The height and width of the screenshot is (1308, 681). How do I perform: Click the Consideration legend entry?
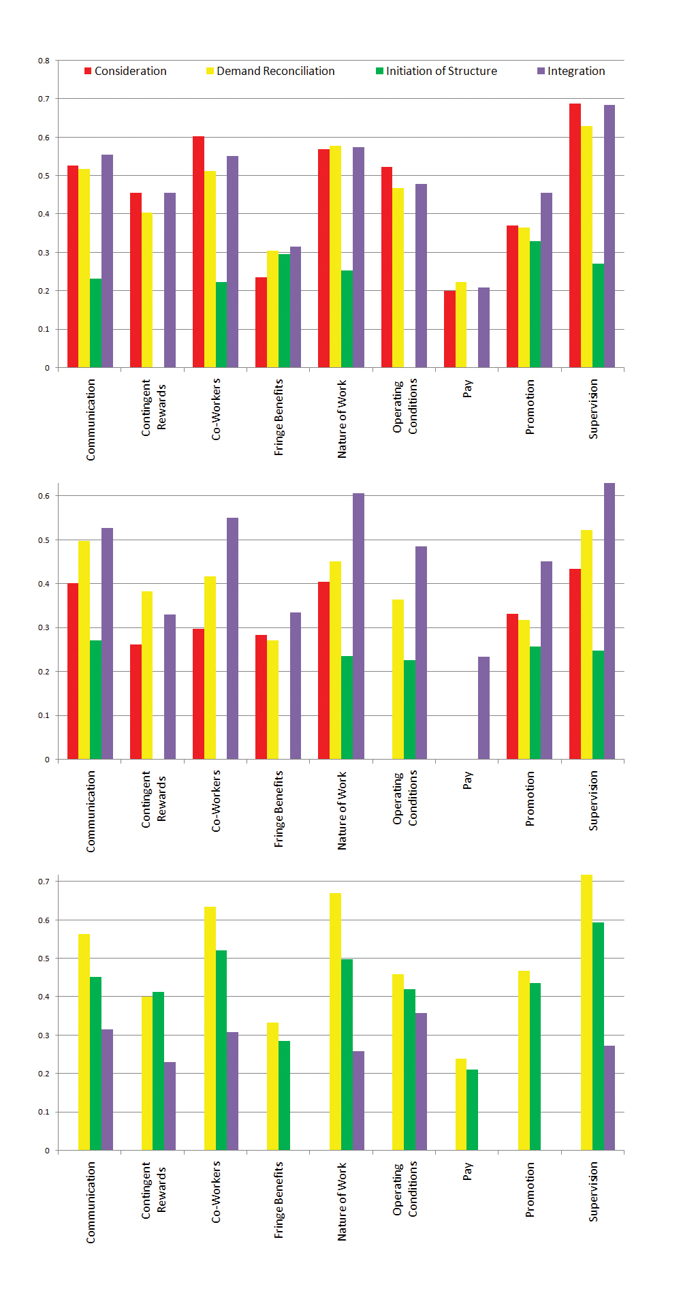125,71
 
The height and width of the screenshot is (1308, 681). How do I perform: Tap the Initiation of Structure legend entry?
437,71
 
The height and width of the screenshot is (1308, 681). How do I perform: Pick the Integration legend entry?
571,71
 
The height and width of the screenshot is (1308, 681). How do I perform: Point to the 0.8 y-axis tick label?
44,61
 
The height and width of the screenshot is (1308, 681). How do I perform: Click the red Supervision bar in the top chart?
575,235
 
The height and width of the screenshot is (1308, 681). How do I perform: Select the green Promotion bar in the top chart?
535,304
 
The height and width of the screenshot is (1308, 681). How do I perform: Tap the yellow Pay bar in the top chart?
461,324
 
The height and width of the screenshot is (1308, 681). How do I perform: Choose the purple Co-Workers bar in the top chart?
233,262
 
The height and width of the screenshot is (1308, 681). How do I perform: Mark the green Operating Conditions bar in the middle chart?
409,709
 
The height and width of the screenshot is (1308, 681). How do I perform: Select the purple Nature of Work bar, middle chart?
358,626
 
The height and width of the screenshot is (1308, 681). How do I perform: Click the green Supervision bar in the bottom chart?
598,1036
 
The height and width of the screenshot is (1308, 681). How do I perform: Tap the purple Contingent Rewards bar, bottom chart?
170,1106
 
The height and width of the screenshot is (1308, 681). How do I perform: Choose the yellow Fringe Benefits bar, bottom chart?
272,1086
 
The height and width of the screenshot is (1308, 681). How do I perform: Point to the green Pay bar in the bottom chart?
472,1110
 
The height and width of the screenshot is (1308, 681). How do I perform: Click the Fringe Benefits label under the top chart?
279,418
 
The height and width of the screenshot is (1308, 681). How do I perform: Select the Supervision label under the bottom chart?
593,1192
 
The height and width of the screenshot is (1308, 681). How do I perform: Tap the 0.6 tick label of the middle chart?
44,496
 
